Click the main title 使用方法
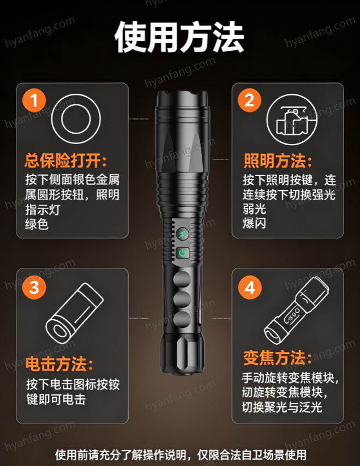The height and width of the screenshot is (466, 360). click(179, 37)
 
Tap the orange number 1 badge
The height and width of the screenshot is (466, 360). click(34, 100)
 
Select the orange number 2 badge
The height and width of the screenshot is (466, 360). click(249, 100)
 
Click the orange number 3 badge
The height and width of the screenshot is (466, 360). click(34, 288)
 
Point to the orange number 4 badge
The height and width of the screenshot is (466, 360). click(249, 288)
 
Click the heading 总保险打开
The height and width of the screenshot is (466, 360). click(65, 161)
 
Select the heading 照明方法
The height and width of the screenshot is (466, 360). click(278, 161)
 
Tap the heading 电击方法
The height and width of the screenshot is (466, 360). click(59, 364)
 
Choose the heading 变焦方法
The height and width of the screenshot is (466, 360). click(278, 357)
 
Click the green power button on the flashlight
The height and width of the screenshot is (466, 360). click(183, 253)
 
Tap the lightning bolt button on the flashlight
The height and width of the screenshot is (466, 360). click(182, 234)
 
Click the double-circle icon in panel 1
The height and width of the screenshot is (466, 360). click(76, 119)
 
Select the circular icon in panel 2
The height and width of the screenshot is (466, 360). click(292, 119)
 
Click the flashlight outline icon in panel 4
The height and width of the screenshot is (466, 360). click(296, 310)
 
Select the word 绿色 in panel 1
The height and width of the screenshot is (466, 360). click(37, 224)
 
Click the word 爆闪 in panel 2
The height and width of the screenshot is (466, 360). click(254, 223)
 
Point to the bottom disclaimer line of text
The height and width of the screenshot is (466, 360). click(181, 455)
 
